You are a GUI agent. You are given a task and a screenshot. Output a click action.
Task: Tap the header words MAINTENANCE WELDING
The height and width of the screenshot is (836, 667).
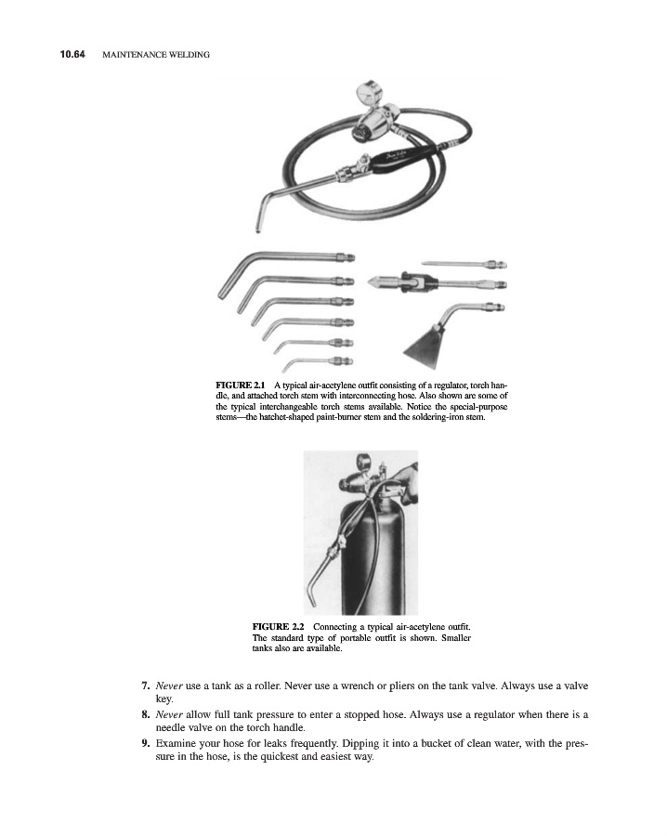pyautogui.click(x=154, y=55)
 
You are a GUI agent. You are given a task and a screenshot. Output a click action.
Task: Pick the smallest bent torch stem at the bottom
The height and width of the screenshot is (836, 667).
pyautogui.click(x=316, y=360)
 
